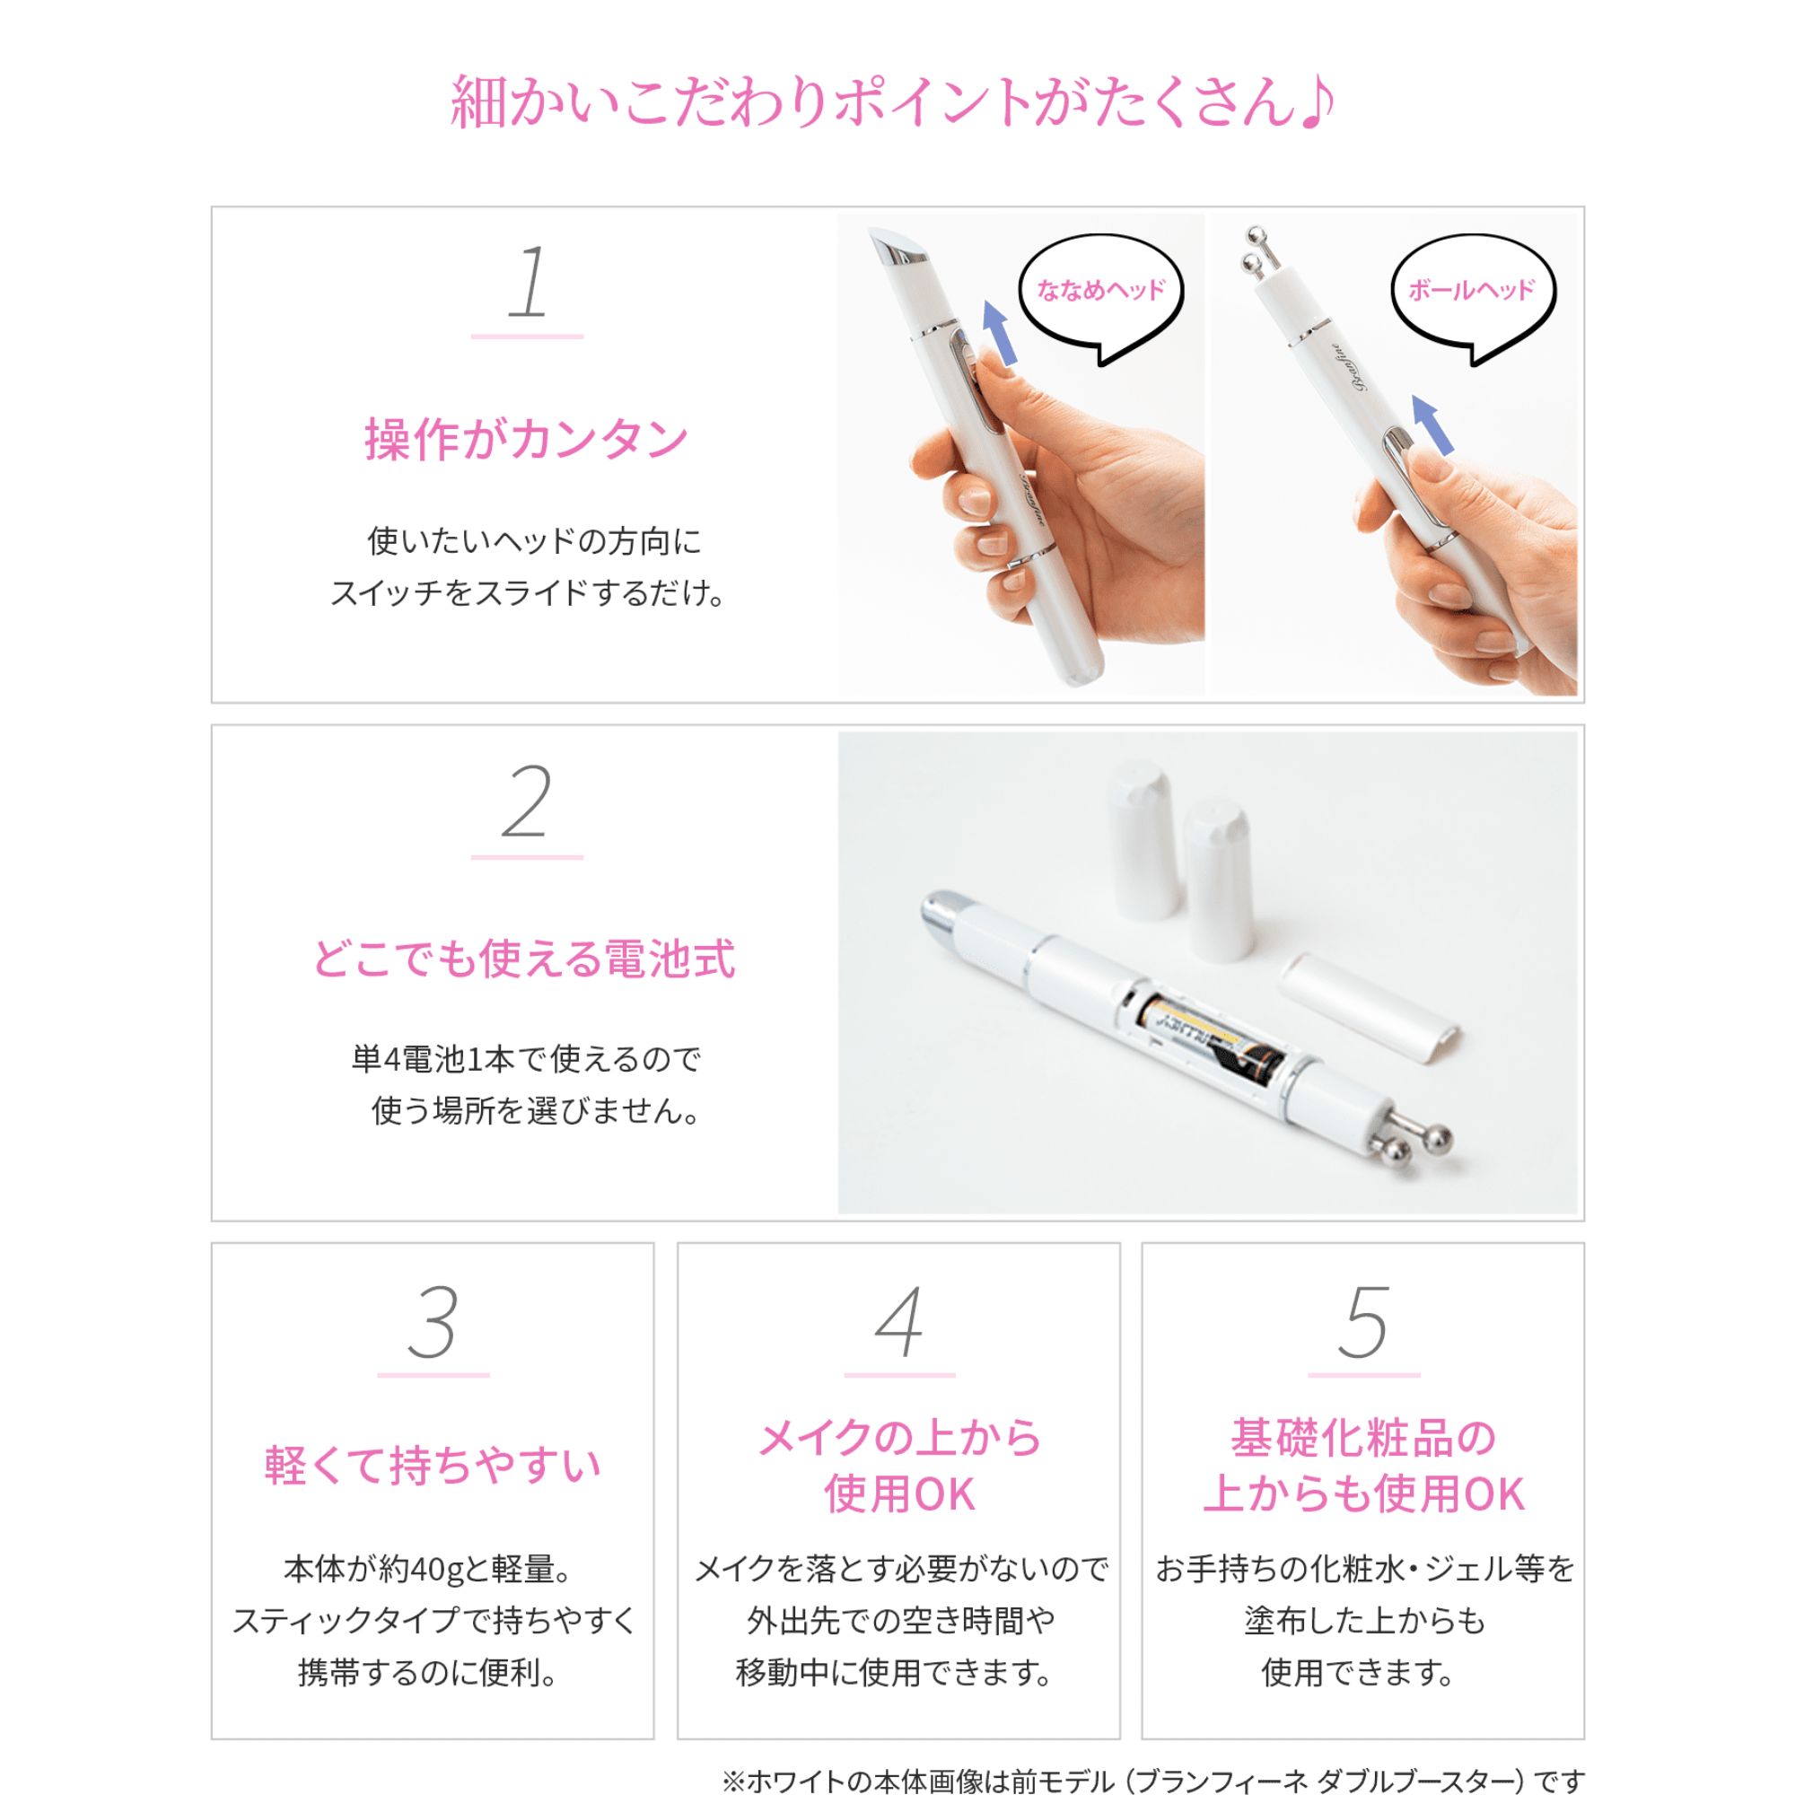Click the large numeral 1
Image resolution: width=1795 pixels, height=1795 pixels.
pyautogui.click(x=528, y=283)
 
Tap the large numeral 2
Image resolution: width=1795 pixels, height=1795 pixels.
pyautogui.click(x=526, y=802)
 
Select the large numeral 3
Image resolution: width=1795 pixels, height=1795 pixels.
pyautogui.click(x=433, y=1323)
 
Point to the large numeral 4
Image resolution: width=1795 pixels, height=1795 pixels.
pyautogui.click(x=898, y=1323)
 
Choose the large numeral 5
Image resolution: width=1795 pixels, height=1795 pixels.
pyautogui.click(x=1363, y=1323)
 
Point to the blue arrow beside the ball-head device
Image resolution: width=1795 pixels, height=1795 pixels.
pyautogui.click(x=1432, y=425)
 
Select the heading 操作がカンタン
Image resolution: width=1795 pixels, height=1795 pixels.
pyautogui.click(x=526, y=440)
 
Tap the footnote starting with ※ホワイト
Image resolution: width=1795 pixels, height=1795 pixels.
pyautogui.click(x=1152, y=1779)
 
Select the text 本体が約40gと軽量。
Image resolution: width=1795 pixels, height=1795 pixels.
pyautogui.click(x=429, y=1569)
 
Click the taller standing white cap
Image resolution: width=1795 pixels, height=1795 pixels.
pyautogui.click(x=1143, y=841)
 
